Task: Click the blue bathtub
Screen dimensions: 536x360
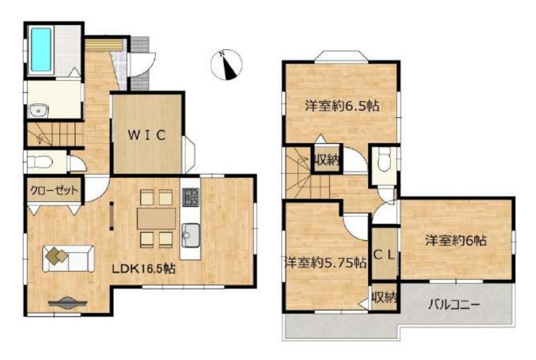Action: coord(41,50)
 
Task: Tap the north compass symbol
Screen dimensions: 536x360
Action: coord(226,65)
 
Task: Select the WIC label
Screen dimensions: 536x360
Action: coord(147,135)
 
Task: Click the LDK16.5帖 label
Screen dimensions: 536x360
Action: coord(144,269)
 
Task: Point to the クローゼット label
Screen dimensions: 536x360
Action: coord(54,190)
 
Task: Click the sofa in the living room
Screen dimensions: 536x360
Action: coord(68,258)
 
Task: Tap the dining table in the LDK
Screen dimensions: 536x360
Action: coord(157,218)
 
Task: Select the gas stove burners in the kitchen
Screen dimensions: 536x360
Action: coord(191,197)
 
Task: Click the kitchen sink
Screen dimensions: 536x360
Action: coord(191,235)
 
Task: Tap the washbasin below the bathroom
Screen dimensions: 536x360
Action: coord(39,111)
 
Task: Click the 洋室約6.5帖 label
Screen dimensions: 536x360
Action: coord(342,106)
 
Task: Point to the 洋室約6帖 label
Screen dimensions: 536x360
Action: coord(456,241)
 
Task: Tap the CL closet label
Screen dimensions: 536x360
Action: coord(384,255)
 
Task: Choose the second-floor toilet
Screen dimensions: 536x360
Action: coord(385,161)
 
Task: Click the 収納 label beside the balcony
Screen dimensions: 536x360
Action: coord(384,298)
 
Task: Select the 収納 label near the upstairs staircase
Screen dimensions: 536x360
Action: coord(327,159)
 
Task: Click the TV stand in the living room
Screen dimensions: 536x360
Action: coord(68,303)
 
